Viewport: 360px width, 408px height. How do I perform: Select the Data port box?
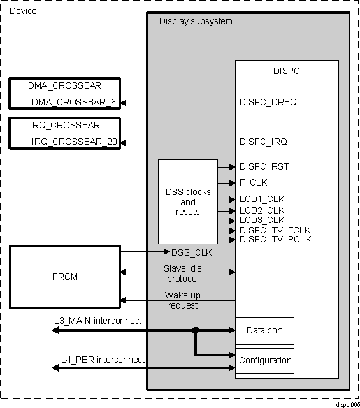coord(264,331)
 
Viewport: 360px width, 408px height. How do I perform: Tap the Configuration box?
coord(264,360)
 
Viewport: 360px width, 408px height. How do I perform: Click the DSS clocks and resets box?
coord(187,201)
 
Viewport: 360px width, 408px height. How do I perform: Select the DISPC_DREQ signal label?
coord(268,102)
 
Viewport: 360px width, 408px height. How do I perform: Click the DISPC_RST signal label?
coord(264,167)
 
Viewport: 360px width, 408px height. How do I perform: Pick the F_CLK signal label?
coord(254,182)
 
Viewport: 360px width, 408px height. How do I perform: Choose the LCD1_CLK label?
coord(261,199)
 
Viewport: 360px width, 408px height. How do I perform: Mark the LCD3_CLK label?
coord(261,220)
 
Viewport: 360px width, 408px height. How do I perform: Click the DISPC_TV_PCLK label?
coord(275,239)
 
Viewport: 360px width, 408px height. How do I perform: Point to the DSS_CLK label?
coord(192,252)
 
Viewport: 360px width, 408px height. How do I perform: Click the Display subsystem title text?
coord(196,22)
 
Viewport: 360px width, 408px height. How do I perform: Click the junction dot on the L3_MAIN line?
coord(196,330)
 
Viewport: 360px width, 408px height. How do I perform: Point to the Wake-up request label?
coord(182,300)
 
